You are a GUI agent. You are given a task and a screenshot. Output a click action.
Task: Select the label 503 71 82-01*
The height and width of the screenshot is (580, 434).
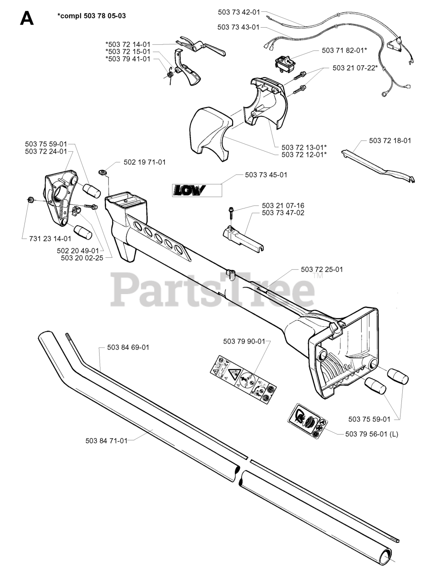point(344,50)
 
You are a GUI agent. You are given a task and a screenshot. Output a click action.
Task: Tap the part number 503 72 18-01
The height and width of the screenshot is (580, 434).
point(390,140)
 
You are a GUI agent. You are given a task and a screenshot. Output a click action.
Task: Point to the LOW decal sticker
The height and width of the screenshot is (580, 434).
point(189,190)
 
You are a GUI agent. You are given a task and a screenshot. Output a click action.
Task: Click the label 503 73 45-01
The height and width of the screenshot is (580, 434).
point(266,174)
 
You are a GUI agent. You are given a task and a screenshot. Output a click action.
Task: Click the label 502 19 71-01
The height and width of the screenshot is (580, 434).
point(144,162)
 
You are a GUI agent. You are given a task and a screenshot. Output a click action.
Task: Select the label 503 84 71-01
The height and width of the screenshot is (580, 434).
point(106,440)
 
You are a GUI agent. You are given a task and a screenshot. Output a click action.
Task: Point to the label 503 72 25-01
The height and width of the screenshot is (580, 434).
point(322,269)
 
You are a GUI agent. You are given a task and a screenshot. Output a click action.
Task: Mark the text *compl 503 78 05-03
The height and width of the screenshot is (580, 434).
point(92,16)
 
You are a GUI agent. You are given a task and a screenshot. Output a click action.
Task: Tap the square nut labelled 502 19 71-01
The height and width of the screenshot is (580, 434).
point(102,172)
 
